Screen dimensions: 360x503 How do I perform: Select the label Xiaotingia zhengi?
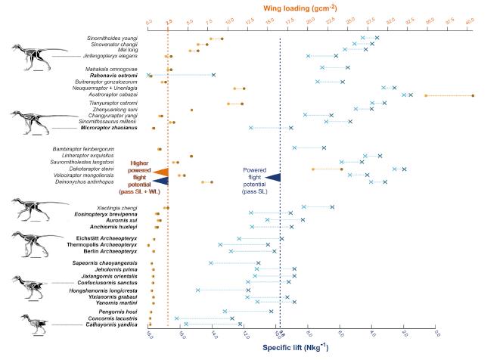coord(116,207)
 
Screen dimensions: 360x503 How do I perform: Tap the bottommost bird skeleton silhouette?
coord(34,323)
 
